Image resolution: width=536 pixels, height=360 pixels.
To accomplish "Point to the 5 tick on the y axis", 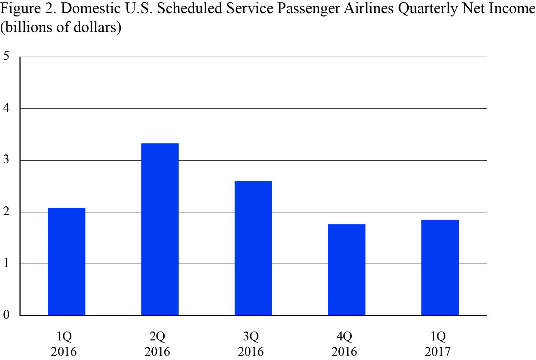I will pos(6,56).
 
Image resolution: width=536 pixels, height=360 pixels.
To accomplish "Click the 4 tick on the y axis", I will pos(6,108).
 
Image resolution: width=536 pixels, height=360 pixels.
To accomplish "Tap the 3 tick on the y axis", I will pos(6,160).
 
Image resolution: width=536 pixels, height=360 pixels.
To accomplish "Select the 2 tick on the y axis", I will pos(6,212).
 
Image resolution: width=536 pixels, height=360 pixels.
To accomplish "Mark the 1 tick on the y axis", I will pos(6,264).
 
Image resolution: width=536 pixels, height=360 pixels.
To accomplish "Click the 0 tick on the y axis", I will pos(6,315).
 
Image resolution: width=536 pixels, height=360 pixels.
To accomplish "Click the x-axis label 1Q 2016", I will pos(64,344).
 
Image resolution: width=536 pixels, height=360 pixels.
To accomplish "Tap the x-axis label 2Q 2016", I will pos(158,344).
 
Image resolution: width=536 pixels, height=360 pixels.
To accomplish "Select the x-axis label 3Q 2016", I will pos(251,344).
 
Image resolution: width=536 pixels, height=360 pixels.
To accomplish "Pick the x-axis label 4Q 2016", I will pos(344,344).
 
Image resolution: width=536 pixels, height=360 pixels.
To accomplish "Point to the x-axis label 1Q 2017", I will pos(438,344).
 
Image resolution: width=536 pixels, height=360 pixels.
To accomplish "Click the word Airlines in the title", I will pos(369,9).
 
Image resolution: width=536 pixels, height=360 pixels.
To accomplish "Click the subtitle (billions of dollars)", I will pos(61,27).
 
